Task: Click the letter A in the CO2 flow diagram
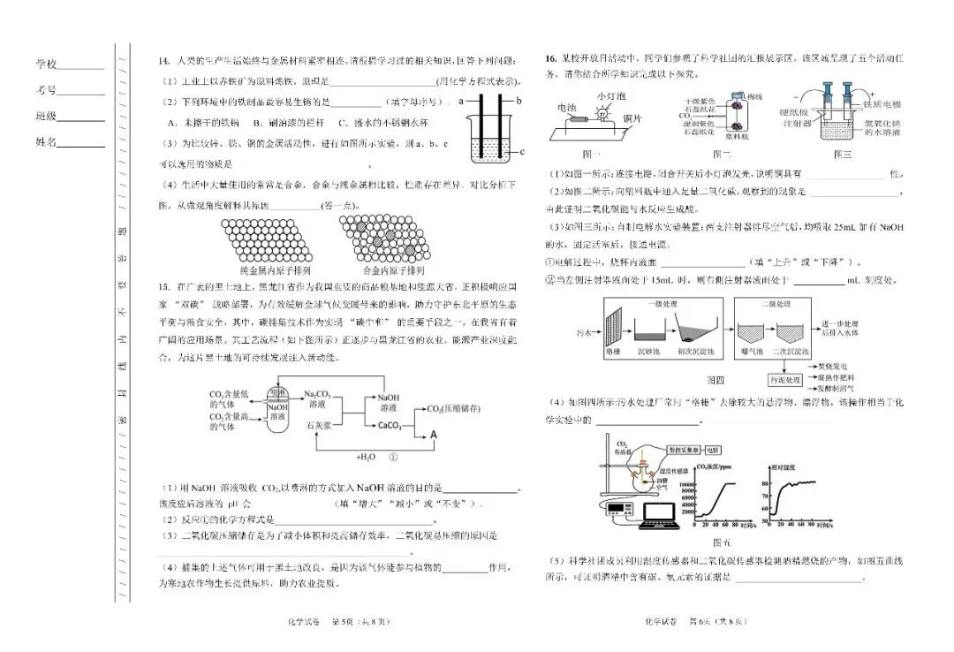434,434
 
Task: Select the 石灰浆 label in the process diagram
317,425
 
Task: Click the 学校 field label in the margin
46,64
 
